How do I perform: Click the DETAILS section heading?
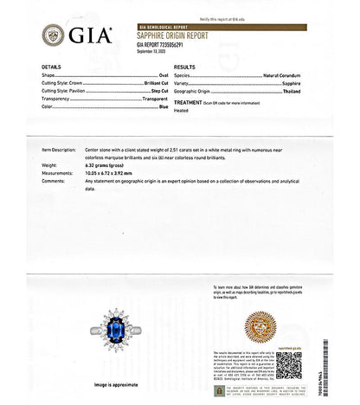(x=51, y=67)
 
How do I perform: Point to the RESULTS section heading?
(x=185, y=67)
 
